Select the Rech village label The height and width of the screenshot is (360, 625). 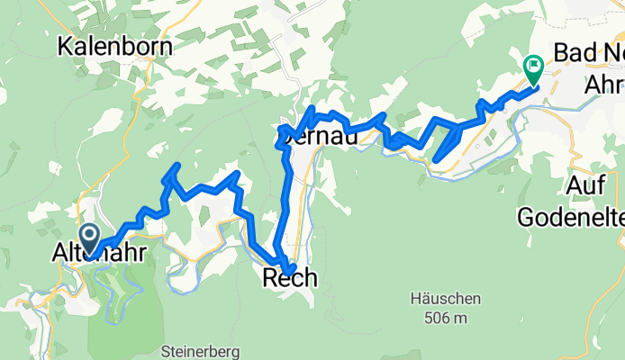click(289, 279)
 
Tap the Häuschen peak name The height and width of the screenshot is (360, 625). click(445, 299)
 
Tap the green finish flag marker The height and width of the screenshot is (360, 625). click(533, 67)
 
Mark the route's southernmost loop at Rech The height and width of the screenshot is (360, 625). click(287, 266)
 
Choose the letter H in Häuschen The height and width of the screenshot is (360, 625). click(415, 299)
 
